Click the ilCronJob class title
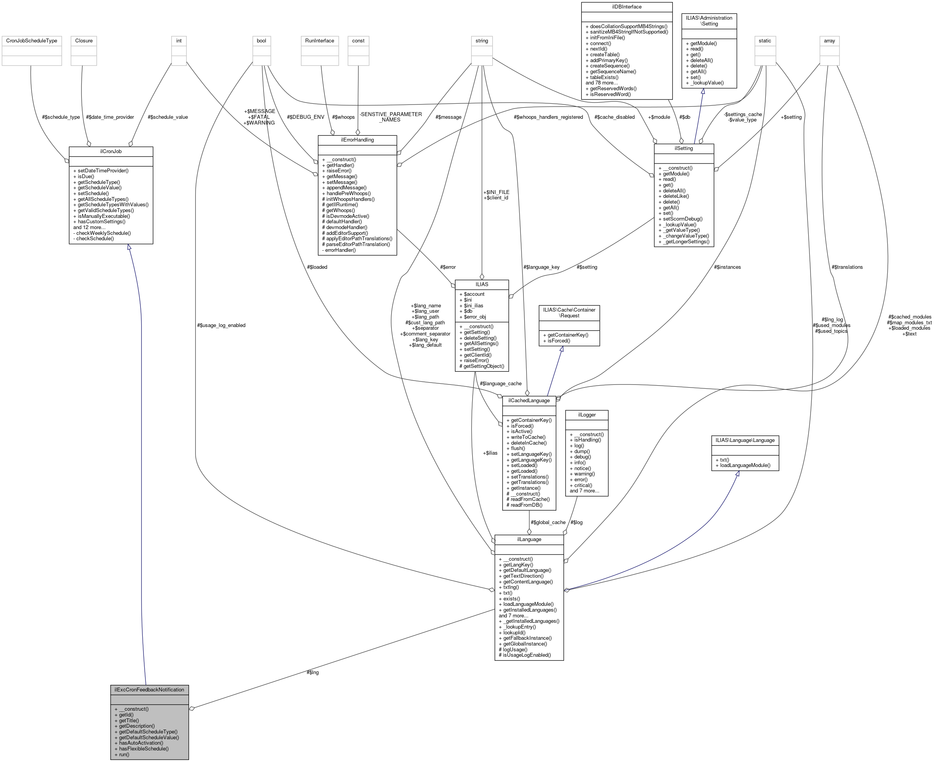(111, 152)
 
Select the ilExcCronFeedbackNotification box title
(149, 690)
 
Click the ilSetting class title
(684, 148)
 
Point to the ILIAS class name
(482, 285)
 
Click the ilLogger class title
(587, 415)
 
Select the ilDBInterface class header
(627, 7)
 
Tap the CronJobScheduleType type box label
(32, 41)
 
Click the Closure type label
(84, 41)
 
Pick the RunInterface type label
(320, 41)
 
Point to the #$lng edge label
(312, 673)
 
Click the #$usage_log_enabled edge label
(221, 325)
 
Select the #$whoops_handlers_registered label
(548, 117)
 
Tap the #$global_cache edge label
(548, 523)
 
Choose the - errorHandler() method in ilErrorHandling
(339, 250)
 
